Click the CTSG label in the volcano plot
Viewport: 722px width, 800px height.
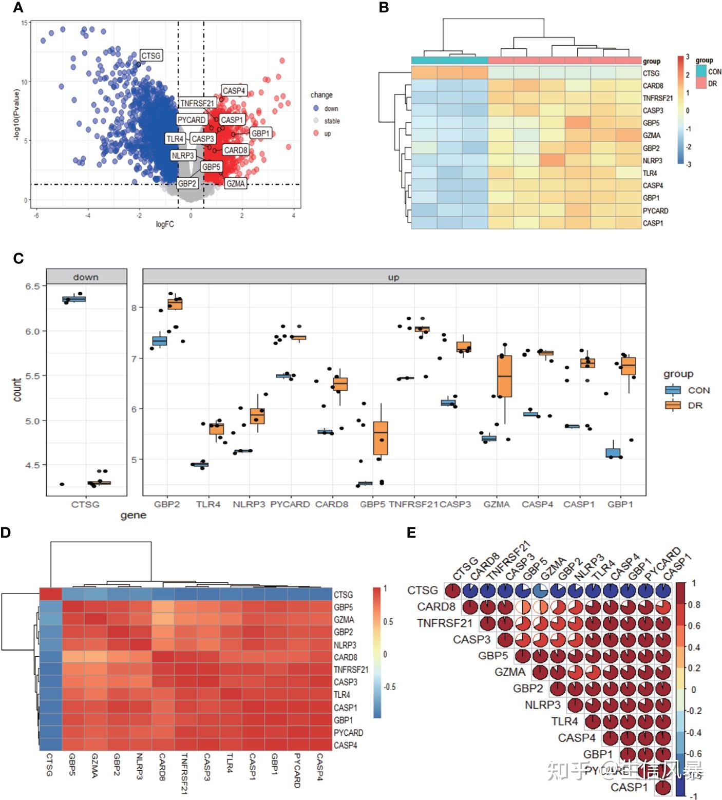coord(151,55)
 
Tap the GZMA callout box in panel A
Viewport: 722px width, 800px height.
coord(236,183)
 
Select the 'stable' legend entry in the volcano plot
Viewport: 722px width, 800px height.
coord(332,121)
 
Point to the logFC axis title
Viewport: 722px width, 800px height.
coord(165,224)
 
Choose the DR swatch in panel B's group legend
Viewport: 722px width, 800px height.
coord(701,84)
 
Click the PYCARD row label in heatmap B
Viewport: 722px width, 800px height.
coord(655,211)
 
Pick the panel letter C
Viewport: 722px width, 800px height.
coord(18,258)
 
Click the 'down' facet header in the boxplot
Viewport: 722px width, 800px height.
coord(86,277)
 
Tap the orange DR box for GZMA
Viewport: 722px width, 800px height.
coord(505,376)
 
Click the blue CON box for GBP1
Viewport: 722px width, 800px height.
coord(613,453)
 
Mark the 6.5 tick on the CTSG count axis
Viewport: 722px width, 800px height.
coord(32,286)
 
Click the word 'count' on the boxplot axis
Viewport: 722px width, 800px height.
coord(17,390)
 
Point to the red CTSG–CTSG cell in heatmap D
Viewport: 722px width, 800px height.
coord(50,594)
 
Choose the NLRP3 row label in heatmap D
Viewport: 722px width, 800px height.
coord(345,645)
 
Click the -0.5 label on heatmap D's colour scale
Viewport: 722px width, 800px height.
coord(389,687)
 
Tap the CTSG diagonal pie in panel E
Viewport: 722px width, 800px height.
coord(452,591)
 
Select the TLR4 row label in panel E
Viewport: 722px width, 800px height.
coord(564,721)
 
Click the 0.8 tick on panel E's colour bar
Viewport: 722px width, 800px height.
coord(694,605)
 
